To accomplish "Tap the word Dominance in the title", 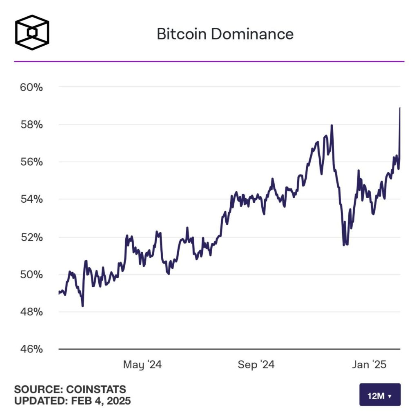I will coord(252,34).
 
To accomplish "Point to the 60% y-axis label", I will coord(31,87).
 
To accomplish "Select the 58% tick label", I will coord(31,124).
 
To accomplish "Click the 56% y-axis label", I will coord(31,162).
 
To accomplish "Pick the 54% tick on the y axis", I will coord(31,199).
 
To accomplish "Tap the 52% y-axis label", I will coord(31,237).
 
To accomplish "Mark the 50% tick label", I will coord(31,274).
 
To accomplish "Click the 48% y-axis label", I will coord(31,312).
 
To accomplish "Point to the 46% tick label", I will coord(31,349).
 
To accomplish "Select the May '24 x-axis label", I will coord(142,364).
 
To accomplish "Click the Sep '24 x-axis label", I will coord(256,364).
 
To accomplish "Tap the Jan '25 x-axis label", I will coord(369,364).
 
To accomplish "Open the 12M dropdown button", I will coord(380,395).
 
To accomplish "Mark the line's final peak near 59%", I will coord(400,108).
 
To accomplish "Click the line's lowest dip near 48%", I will coord(82,306).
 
